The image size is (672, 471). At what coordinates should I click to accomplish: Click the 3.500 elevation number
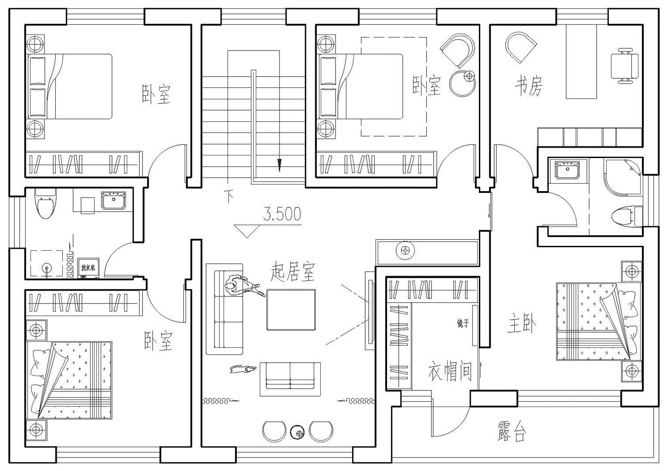coord(282,214)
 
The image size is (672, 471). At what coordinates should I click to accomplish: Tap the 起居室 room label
coord(293,271)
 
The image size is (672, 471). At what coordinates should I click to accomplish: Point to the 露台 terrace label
coord(511,431)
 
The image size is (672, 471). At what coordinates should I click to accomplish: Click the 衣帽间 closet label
coord(450,371)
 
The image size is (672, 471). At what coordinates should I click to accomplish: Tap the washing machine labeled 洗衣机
coord(88,268)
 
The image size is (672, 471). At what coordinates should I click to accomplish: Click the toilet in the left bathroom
coord(45,204)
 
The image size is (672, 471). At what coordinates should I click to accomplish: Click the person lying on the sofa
coord(242,287)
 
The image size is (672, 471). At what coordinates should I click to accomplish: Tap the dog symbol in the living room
coord(242,368)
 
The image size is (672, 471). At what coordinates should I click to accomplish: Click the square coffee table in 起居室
coord(291,309)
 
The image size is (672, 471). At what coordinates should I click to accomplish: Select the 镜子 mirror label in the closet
coord(463,323)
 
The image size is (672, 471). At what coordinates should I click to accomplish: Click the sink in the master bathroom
coord(567,171)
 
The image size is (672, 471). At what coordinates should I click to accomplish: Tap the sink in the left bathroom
coord(114,200)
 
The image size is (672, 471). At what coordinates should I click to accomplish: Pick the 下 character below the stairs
coord(229,196)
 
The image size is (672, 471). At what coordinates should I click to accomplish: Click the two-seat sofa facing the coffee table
coord(290,378)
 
